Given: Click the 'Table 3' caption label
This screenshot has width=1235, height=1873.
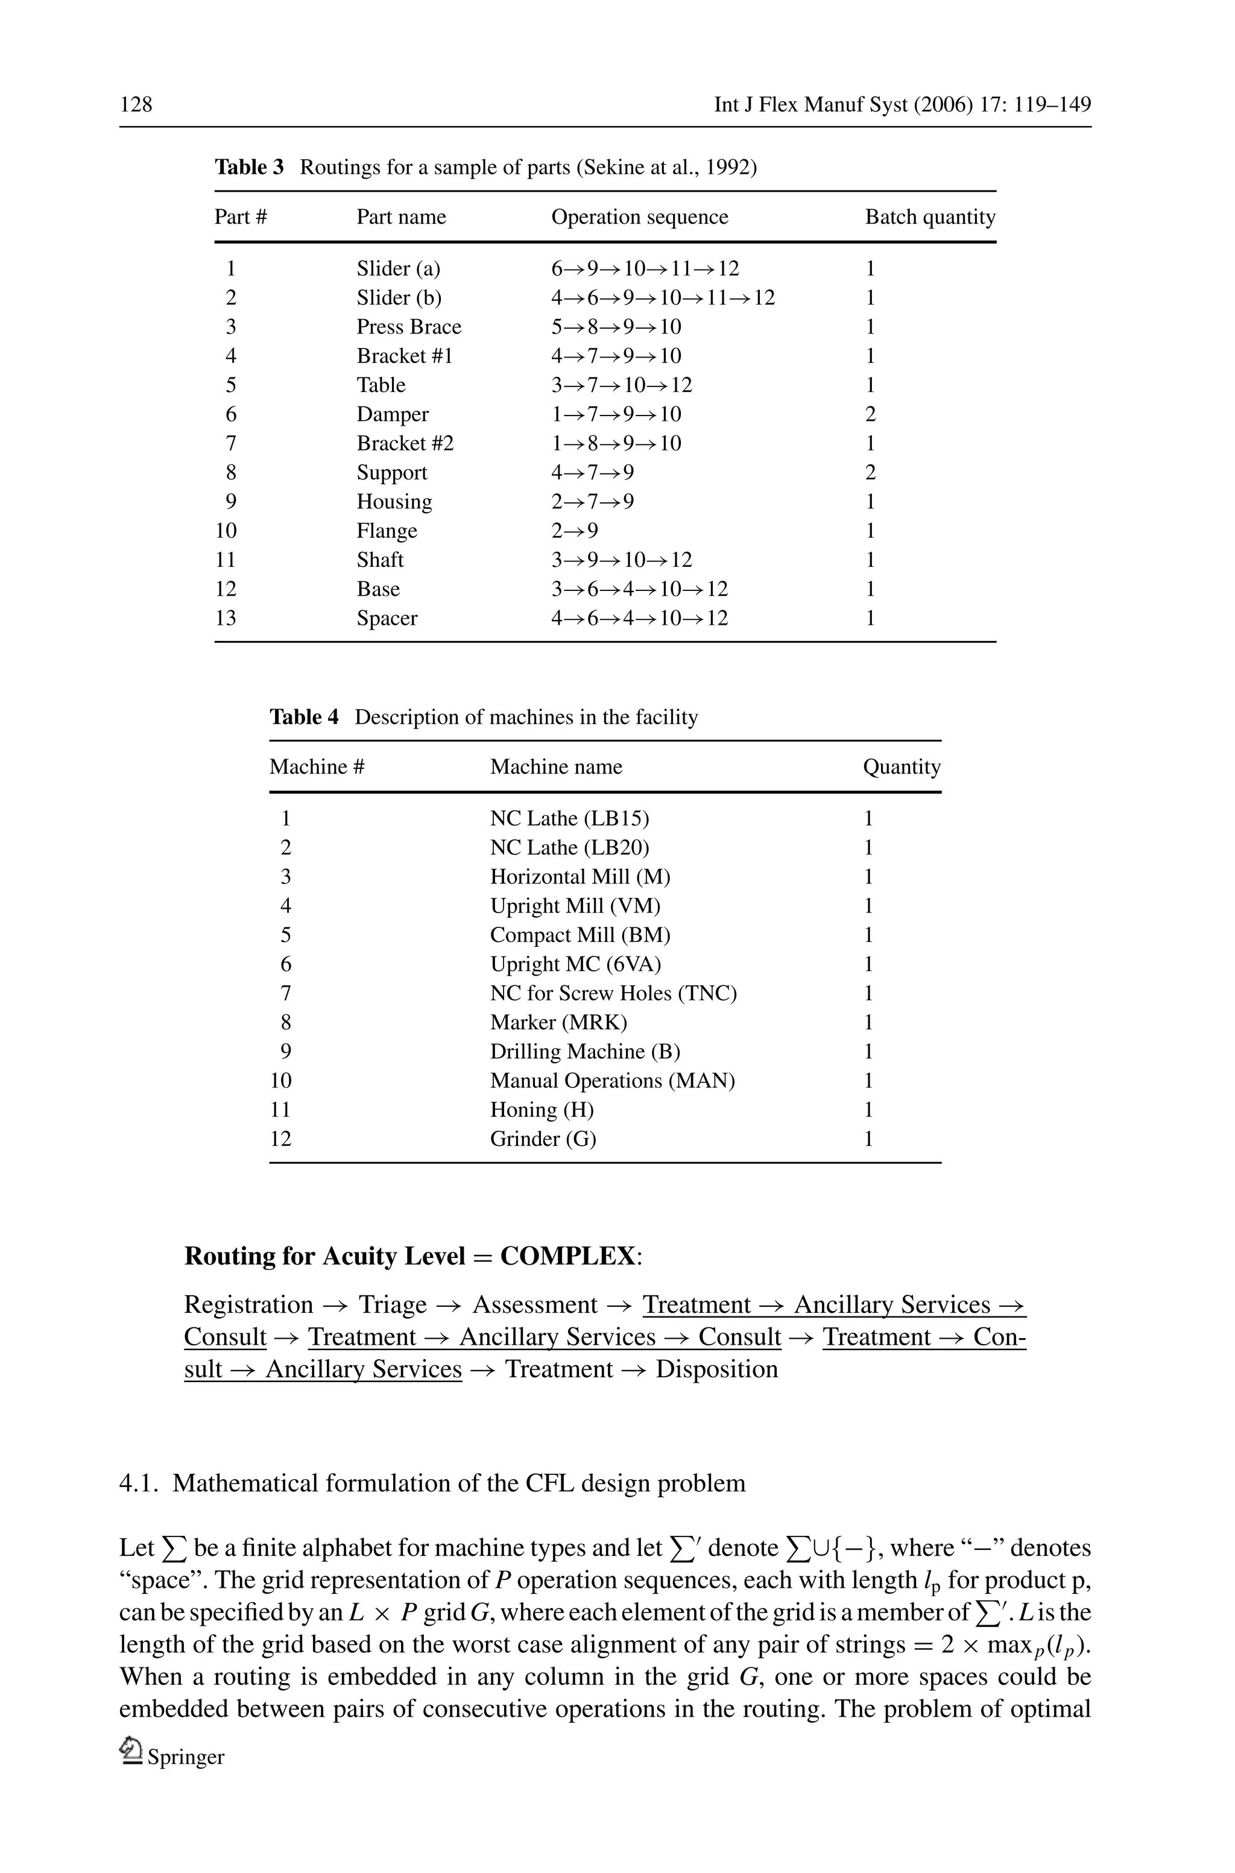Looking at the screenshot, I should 249,167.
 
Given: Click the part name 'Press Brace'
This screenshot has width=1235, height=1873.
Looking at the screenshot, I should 408,326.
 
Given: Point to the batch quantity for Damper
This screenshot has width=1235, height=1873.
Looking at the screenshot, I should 870,414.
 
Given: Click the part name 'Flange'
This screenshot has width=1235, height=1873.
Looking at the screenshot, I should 386,530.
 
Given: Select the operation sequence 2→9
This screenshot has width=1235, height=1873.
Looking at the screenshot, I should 574,530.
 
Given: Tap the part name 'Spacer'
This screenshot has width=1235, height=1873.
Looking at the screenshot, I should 386,617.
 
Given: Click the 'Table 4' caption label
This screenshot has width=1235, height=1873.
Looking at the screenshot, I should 304,717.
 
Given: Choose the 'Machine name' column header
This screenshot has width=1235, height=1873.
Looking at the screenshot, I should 555,766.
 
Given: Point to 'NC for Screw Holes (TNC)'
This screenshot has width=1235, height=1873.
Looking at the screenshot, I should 613,993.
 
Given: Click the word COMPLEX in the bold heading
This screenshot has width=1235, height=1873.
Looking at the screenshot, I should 567,1256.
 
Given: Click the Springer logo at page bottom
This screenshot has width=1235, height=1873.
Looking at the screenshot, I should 131,1751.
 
